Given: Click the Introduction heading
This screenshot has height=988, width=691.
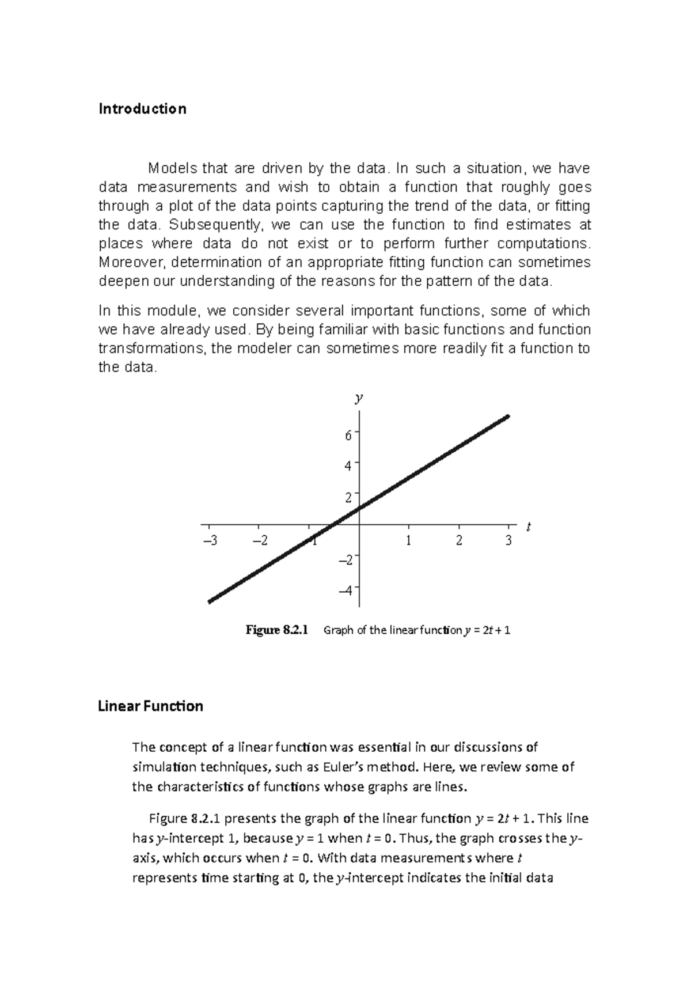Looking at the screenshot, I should click(x=142, y=109).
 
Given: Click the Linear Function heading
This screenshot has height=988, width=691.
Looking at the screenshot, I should click(x=150, y=706).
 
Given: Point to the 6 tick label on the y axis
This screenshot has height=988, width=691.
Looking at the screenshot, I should click(x=348, y=436).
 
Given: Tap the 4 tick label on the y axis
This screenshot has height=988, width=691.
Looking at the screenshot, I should click(x=348, y=466).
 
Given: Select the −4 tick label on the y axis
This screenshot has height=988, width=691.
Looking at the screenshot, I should click(x=345, y=591).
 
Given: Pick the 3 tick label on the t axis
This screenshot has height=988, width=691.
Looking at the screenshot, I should click(x=508, y=542).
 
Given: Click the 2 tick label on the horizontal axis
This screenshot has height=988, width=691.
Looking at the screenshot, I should click(x=459, y=542).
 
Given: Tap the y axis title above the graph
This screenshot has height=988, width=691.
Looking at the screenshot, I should click(x=359, y=398).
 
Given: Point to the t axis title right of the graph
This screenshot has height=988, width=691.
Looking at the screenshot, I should click(x=528, y=527).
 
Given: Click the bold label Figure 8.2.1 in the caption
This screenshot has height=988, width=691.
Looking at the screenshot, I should click(x=277, y=630).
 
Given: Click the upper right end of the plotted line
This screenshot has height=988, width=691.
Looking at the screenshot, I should click(x=507, y=417).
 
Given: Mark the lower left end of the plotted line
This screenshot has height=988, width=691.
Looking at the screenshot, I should click(x=210, y=601).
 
